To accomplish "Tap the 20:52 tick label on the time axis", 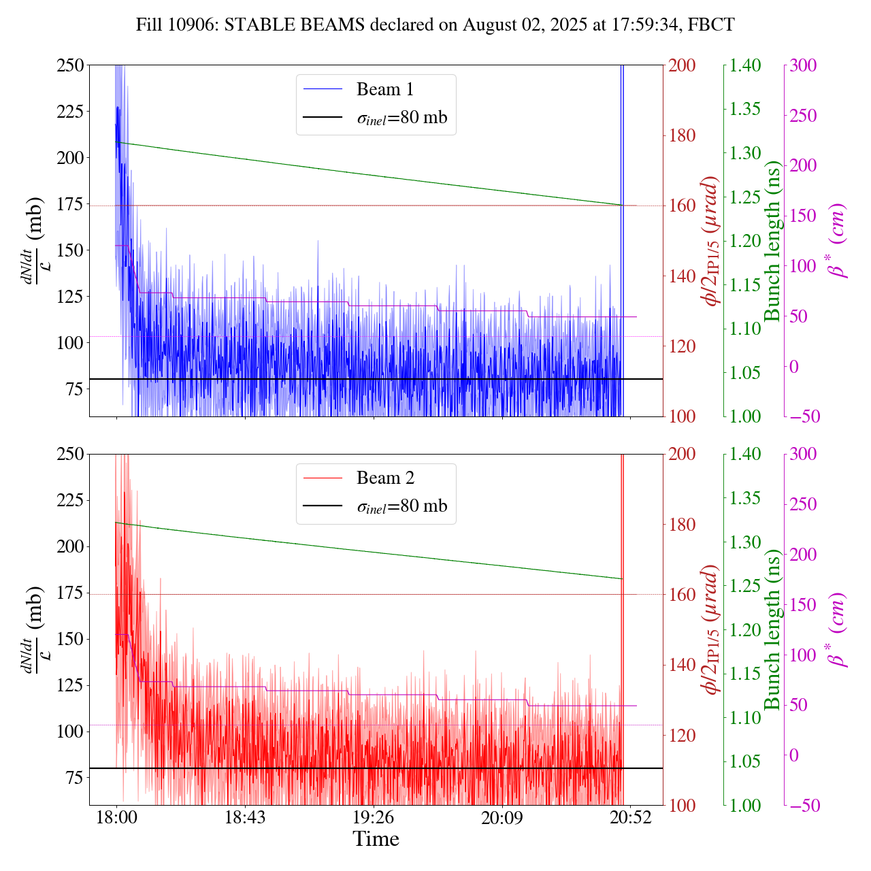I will point(630,817).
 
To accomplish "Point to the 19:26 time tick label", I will point(373,817).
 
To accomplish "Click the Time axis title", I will point(376,839).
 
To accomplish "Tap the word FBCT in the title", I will point(711,25).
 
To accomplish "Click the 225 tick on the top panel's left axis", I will point(71,111).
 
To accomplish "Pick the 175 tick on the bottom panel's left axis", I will point(71,593).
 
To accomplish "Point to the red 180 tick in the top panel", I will point(683,135).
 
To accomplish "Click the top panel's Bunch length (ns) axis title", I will point(772,241).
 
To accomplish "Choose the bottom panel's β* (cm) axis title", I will point(837,629).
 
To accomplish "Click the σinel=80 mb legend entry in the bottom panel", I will point(401,506).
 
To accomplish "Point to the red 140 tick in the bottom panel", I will point(683,665).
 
